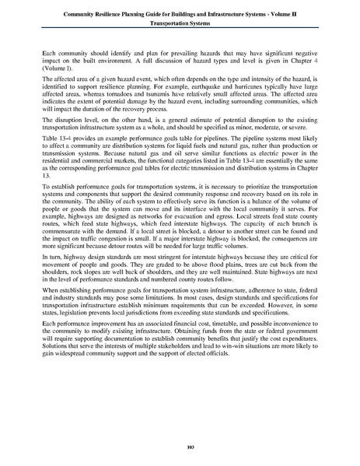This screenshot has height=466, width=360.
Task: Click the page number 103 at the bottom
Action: tap(180, 445)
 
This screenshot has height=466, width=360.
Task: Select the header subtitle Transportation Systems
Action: tap(180, 24)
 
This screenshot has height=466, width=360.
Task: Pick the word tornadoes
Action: tap(128, 103)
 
